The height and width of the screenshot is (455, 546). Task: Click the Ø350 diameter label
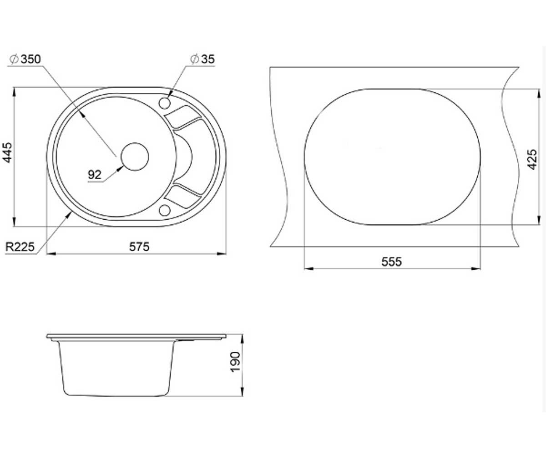(x=25, y=59)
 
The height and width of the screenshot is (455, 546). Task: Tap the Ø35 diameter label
(x=202, y=59)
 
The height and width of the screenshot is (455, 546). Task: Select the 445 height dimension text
(x=7, y=152)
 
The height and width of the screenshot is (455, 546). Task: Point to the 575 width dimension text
(x=139, y=247)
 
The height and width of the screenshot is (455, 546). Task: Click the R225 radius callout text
(x=20, y=247)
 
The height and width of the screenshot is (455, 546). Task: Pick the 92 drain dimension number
(x=94, y=175)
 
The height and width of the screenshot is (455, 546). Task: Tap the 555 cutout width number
(x=391, y=262)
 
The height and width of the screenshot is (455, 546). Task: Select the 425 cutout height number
(x=532, y=160)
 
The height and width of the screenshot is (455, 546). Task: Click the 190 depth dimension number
(x=235, y=362)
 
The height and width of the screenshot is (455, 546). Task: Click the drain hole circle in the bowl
(x=135, y=157)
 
